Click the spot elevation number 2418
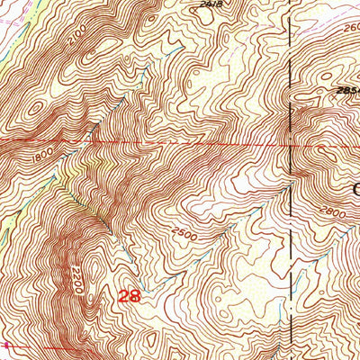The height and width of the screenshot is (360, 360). tap(211, 4)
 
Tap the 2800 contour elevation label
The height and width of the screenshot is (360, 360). tap(333, 215)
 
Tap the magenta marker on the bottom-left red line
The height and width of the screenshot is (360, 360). tap(7, 346)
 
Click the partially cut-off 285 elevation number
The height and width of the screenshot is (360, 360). tap(346, 92)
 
